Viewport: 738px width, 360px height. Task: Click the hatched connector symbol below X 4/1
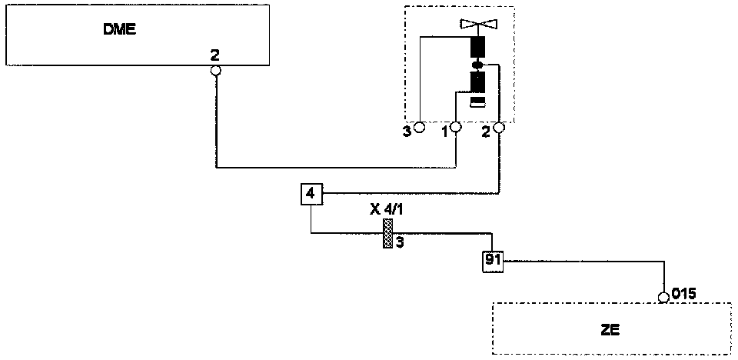(x=388, y=233)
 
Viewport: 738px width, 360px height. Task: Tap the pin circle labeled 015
(x=664, y=297)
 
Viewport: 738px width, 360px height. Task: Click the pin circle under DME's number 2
(x=216, y=71)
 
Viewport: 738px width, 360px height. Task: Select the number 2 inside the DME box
(x=216, y=56)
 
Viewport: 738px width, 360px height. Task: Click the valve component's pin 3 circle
(x=420, y=127)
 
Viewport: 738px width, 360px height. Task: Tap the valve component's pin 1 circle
(x=456, y=127)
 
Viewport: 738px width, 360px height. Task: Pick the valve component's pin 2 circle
(x=499, y=127)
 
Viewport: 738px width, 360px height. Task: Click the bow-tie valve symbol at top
(x=477, y=23)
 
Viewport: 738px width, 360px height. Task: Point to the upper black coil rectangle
(x=477, y=48)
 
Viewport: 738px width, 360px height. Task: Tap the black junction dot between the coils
(x=477, y=65)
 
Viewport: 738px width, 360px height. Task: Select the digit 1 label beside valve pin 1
(x=444, y=132)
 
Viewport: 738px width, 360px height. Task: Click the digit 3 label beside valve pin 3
(x=407, y=132)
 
